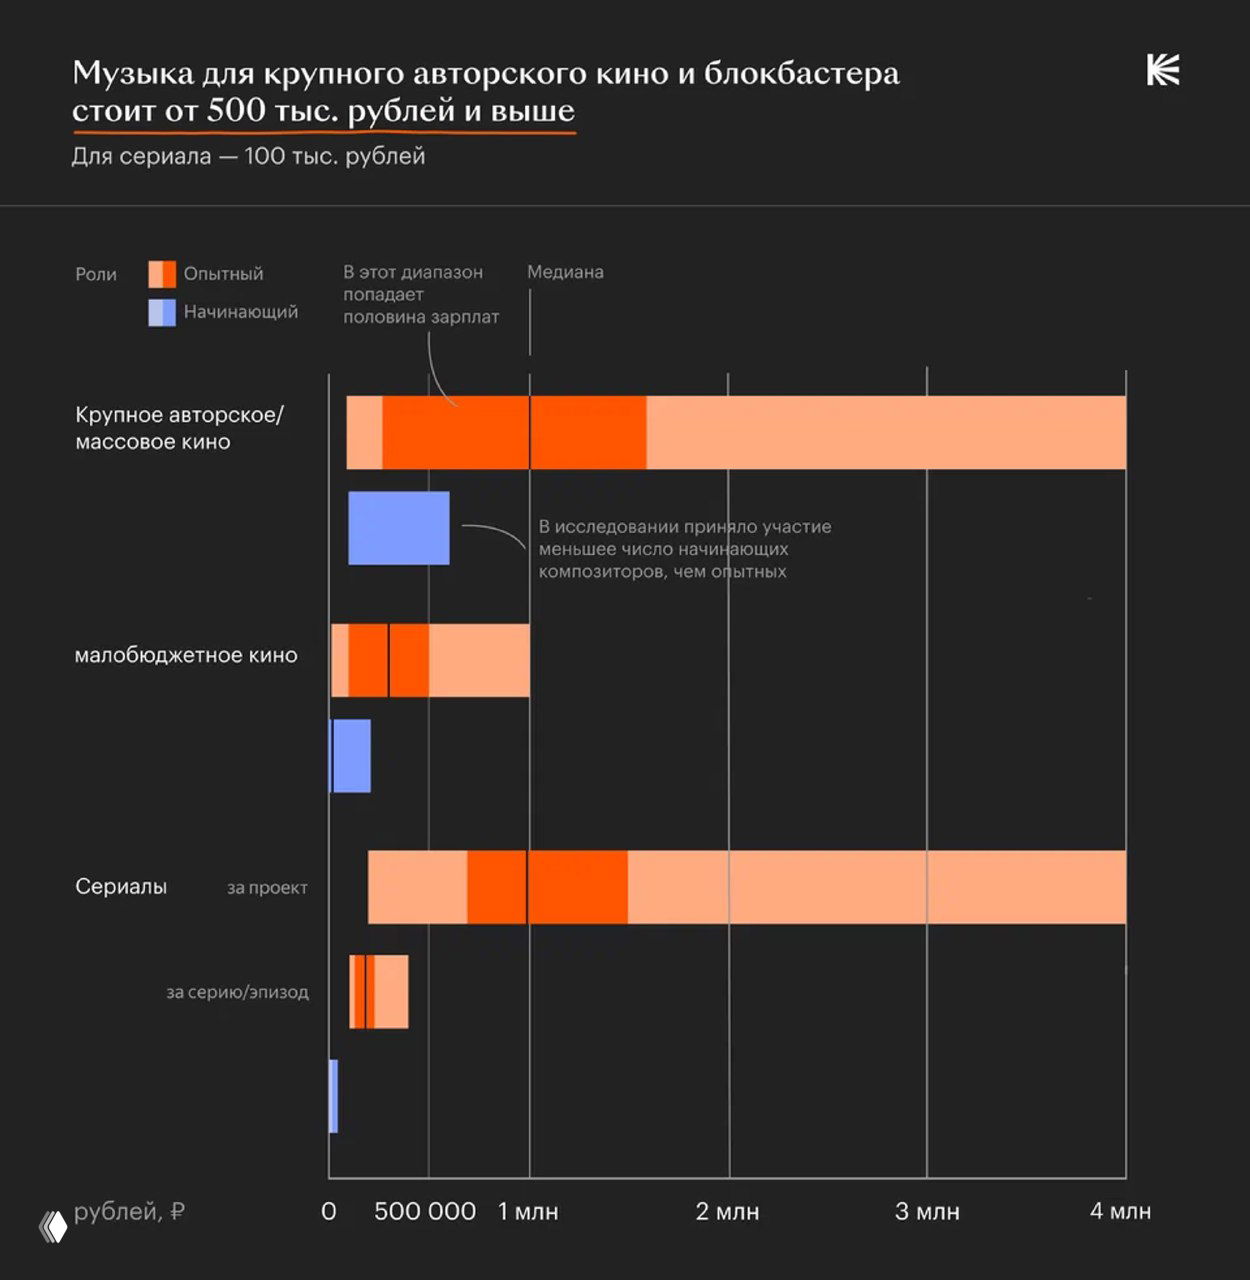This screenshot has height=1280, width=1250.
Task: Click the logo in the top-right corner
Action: tap(1163, 71)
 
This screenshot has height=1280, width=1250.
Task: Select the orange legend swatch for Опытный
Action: tap(162, 274)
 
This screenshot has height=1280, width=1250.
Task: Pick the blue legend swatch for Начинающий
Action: tap(162, 313)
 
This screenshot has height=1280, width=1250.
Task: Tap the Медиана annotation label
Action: tap(565, 272)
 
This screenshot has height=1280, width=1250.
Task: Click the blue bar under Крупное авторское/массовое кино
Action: tap(398, 528)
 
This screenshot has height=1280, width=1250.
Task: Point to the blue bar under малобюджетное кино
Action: tap(350, 756)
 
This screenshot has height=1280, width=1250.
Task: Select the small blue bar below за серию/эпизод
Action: tap(333, 1096)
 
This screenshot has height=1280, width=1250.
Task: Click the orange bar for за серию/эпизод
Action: tap(379, 991)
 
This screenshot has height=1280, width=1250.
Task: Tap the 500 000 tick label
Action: tap(425, 1212)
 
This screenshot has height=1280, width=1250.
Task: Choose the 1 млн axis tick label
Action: tap(528, 1212)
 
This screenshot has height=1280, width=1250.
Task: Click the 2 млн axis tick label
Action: tap(727, 1212)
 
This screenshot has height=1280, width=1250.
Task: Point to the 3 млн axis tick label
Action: tap(927, 1212)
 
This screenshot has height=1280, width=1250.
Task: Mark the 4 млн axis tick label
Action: tap(1120, 1212)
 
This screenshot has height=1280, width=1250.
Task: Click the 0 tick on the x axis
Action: tap(329, 1212)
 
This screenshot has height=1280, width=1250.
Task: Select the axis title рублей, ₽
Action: tap(129, 1212)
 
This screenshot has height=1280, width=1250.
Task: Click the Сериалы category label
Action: tap(121, 887)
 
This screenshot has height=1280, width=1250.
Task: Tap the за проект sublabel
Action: tap(267, 888)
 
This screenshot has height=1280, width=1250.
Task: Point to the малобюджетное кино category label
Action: tap(186, 656)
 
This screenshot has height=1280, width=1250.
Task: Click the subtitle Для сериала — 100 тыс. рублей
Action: tap(248, 157)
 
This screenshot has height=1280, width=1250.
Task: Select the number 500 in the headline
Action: tap(236, 110)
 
